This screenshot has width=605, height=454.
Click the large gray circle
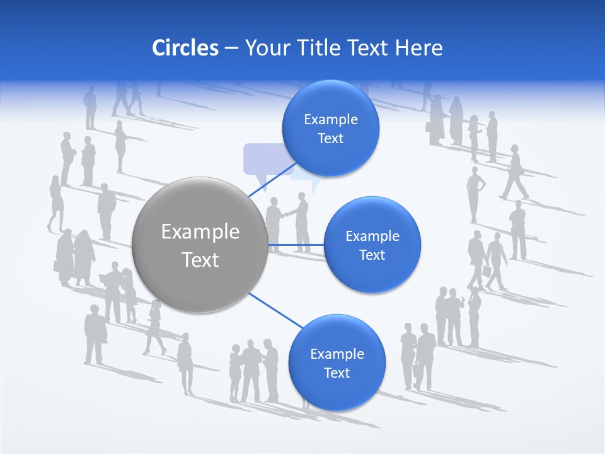point(200,245)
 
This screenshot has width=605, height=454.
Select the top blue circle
point(330,128)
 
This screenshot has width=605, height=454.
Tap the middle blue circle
point(372,245)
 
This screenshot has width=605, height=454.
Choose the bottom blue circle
point(337,363)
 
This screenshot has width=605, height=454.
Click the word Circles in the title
point(185,48)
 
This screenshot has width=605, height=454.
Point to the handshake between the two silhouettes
point(287,214)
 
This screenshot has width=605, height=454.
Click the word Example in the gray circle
point(200,232)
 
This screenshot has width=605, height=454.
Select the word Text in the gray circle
point(200,260)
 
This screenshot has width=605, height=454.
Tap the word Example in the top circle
point(330,120)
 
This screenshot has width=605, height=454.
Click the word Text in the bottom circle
point(337,373)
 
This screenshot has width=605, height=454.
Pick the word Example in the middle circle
point(372,236)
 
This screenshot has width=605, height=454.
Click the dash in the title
point(231,48)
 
